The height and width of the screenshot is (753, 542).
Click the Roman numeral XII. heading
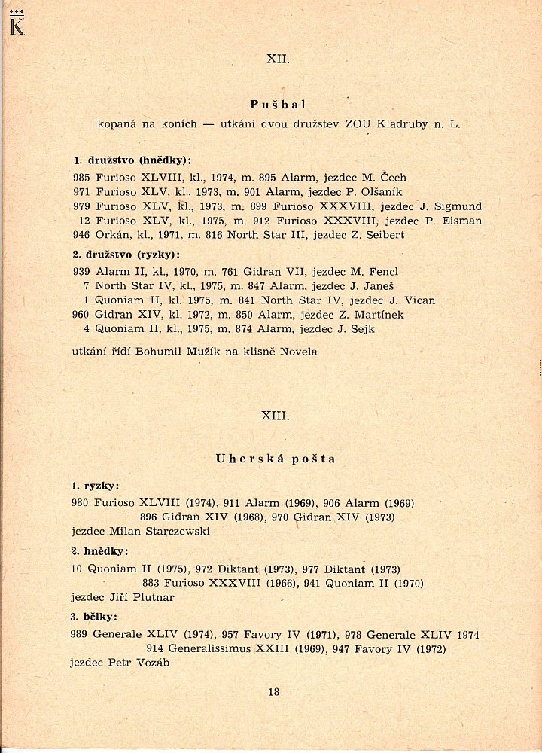pos(278,59)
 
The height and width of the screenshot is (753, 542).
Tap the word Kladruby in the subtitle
pos(402,123)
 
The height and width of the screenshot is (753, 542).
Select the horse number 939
pos(81,272)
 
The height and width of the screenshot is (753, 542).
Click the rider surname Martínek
pos(373,315)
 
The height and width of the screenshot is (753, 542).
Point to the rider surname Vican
pos(417,300)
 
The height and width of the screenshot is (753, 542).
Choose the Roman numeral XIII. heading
pos(276,416)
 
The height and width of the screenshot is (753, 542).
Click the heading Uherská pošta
pos(276,459)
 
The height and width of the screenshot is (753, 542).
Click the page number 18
pos(273,692)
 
